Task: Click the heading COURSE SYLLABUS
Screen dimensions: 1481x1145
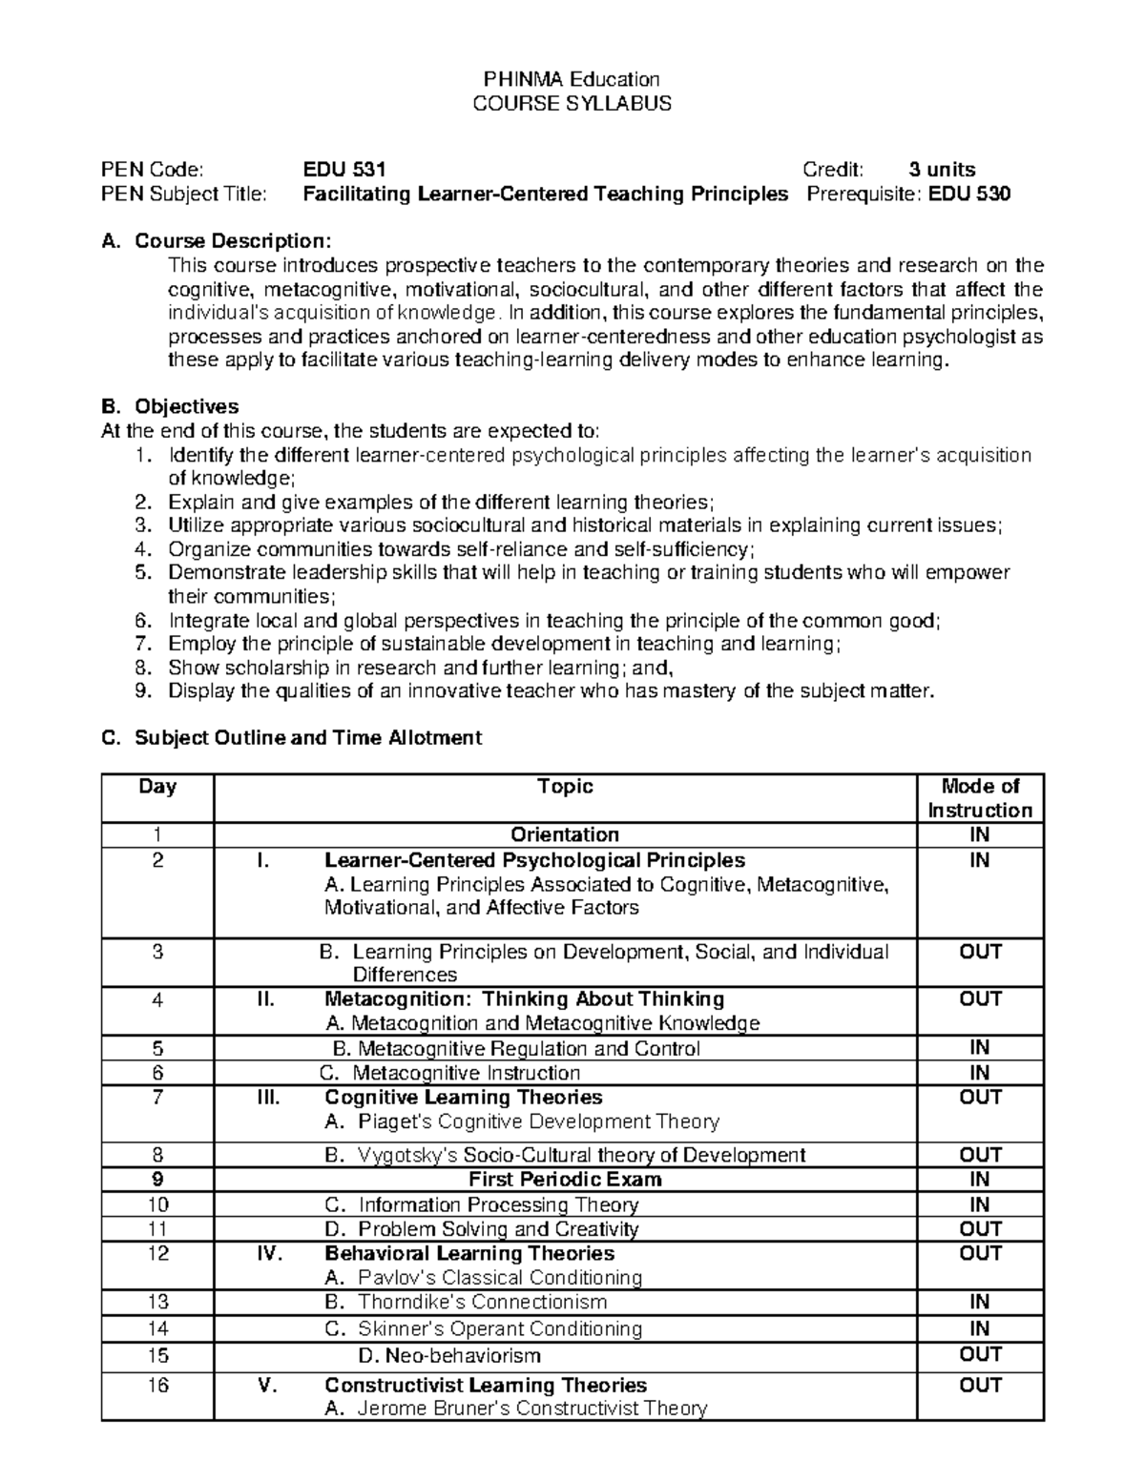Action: coord(572,103)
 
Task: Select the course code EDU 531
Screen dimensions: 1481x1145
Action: coord(344,170)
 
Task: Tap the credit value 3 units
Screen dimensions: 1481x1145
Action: coord(941,170)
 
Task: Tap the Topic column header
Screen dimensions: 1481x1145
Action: coord(565,787)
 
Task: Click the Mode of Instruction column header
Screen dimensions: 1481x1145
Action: coord(980,798)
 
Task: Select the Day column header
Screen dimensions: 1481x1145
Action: coord(157,787)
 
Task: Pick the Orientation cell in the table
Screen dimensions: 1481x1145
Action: coord(565,835)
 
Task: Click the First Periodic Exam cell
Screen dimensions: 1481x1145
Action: coord(565,1180)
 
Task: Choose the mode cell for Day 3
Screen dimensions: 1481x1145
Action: coord(980,952)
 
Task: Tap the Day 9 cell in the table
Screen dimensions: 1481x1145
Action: coord(157,1180)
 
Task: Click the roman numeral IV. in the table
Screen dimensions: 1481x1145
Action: coord(270,1254)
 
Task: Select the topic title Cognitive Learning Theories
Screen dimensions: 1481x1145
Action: coord(463,1098)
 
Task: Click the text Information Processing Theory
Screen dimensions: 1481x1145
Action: coord(498,1205)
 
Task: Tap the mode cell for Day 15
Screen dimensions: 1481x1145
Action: coord(980,1355)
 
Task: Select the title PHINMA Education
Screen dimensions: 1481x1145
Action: coord(572,79)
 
